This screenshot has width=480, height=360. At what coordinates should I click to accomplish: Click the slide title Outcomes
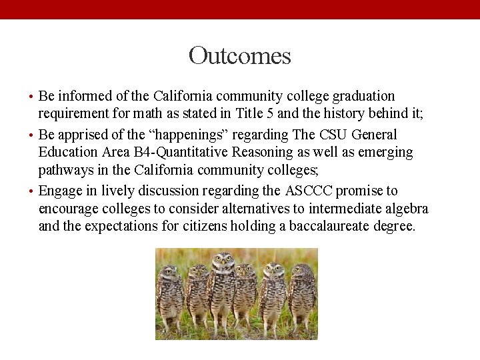pyautogui.click(x=239, y=55)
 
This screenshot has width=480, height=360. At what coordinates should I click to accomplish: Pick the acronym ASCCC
pyautogui.click(x=309, y=191)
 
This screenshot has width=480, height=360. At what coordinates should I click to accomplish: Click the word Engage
pyautogui.click(x=59, y=191)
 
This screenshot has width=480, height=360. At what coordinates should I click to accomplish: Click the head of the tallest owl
pyautogui.click(x=222, y=263)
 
